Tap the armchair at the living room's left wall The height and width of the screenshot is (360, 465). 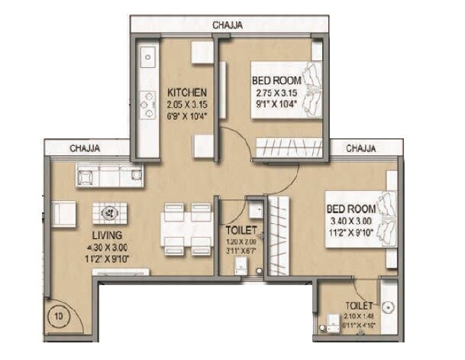point(64,212)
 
